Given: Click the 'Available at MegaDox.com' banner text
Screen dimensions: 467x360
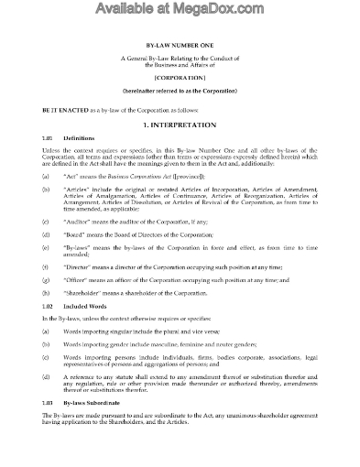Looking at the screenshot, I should click(180, 12).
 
